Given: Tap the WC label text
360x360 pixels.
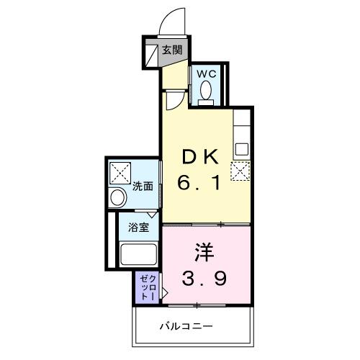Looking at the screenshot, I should point(205,74).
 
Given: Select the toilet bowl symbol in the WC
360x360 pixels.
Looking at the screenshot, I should point(206,91).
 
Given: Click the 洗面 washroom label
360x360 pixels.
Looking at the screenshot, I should point(142,186).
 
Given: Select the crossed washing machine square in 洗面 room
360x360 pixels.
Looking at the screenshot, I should point(120,174).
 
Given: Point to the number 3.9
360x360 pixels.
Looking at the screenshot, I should point(205,277).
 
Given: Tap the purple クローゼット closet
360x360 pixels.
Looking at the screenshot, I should point(146,287).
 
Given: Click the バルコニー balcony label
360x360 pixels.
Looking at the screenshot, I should point(186,326).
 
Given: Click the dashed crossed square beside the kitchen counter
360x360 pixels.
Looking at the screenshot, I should point(240,171).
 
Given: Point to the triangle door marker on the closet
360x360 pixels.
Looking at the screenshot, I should point(164,293).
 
